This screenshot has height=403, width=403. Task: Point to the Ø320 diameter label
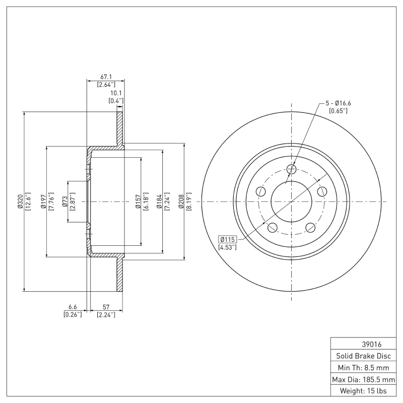(20, 201)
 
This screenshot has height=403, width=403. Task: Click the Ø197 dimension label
(43, 201)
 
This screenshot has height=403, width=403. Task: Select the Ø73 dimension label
(64, 201)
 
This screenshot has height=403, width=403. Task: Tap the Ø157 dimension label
(138, 201)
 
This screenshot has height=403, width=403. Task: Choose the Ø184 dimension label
(159, 201)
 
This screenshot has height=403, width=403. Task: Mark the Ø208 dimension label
(181, 201)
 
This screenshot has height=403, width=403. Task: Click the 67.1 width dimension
(105, 77)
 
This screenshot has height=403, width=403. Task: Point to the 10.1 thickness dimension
(116, 93)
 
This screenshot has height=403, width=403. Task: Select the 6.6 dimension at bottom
(73, 307)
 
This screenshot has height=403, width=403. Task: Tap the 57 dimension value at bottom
(106, 307)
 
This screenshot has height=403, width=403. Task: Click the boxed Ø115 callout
(228, 239)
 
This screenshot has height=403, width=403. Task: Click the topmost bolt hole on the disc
(291, 169)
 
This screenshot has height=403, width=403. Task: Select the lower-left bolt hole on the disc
(272, 228)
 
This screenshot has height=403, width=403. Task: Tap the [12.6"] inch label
(28, 201)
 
